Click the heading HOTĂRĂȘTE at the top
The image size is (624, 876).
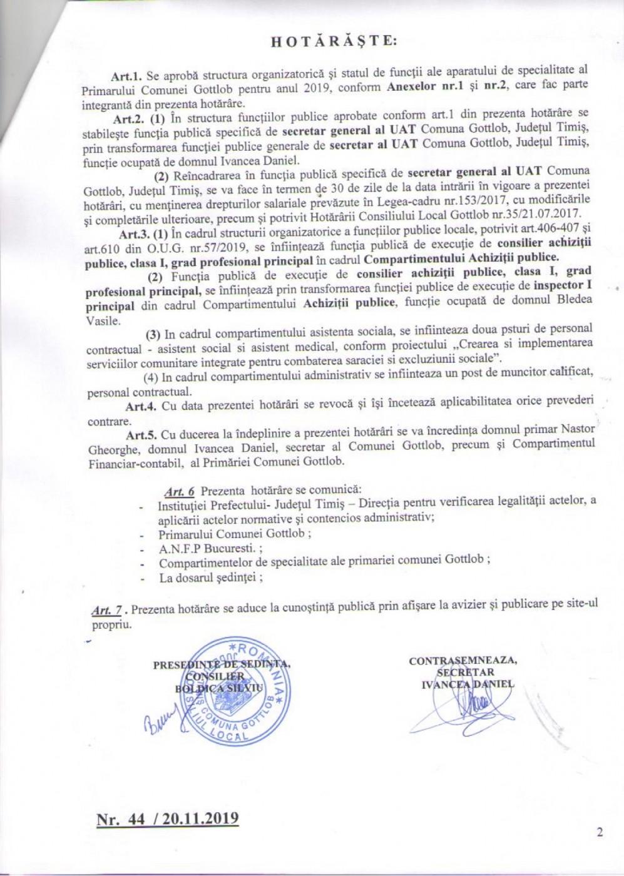click(x=332, y=41)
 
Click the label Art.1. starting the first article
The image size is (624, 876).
click(x=128, y=76)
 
